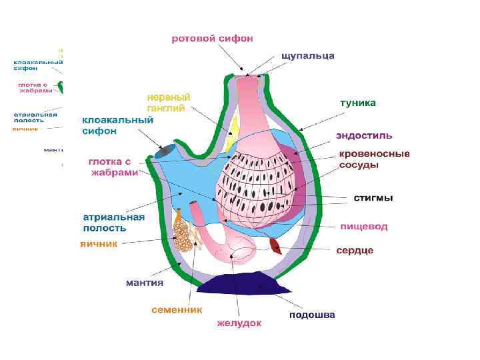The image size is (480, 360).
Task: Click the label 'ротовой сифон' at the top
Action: point(212,39)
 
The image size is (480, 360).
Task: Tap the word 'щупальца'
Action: point(308,55)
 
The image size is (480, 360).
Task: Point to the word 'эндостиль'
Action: point(364,137)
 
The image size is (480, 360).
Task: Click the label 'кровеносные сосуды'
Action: point(374,159)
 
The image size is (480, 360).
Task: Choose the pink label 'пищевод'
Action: point(363,227)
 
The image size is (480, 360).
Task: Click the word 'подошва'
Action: point(312,315)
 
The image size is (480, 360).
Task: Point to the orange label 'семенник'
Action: point(177,310)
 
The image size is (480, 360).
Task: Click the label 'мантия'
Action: point(145,283)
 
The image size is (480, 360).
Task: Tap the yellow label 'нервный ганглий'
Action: point(168,101)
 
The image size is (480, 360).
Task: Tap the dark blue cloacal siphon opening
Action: point(163,152)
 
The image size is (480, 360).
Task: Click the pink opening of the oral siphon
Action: point(247,75)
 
